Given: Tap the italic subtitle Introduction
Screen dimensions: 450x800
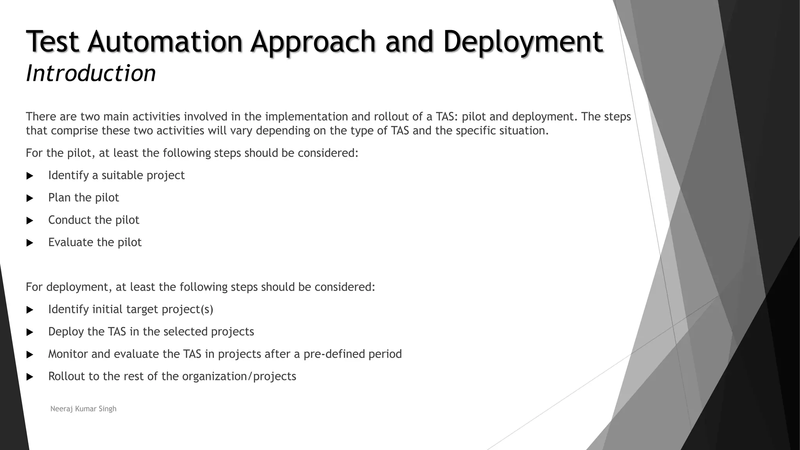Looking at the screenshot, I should (91, 73).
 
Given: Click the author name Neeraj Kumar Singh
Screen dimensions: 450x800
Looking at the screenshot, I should (83, 409).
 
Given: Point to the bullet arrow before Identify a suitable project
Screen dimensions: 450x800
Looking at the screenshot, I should (30, 176).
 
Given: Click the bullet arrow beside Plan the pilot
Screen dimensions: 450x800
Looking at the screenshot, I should (30, 198).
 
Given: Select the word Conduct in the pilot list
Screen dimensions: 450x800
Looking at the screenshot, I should (70, 220).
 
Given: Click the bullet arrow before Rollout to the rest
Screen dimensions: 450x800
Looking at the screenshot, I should (30, 377).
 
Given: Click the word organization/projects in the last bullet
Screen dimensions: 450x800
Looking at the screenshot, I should (239, 376).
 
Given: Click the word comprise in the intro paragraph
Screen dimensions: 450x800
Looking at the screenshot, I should (74, 130).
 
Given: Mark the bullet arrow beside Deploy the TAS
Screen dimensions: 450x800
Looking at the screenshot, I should (30, 332).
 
